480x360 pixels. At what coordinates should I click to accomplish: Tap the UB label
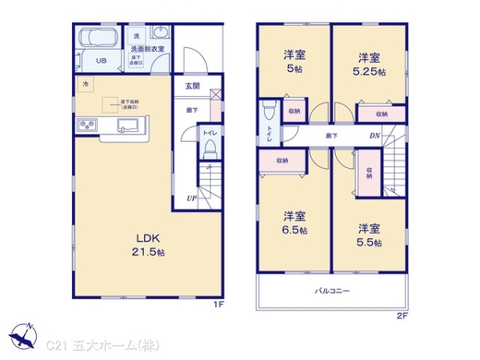click(102, 61)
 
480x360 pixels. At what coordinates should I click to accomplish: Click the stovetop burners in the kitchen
click(86, 125)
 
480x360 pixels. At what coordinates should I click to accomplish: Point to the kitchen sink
click(128, 125)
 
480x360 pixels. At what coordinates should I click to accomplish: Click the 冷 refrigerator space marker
click(84, 83)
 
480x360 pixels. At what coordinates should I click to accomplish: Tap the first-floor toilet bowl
click(210, 147)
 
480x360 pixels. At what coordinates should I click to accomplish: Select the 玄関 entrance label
click(193, 86)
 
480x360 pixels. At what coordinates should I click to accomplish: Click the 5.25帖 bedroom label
click(369, 64)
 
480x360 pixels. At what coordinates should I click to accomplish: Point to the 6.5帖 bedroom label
click(294, 222)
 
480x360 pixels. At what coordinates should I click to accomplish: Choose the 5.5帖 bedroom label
click(369, 234)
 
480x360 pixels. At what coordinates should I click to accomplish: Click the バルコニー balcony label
click(331, 292)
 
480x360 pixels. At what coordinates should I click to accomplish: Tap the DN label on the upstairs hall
click(374, 136)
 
